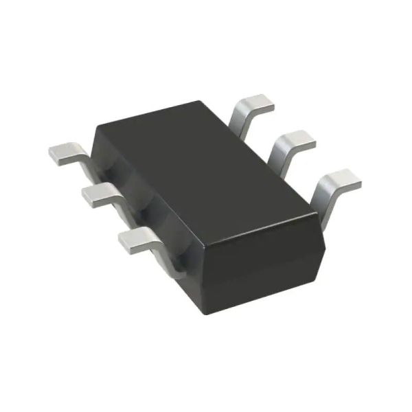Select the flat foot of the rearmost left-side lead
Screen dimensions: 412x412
click(x=66, y=153)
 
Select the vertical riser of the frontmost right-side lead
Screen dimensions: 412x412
click(x=323, y=199)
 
